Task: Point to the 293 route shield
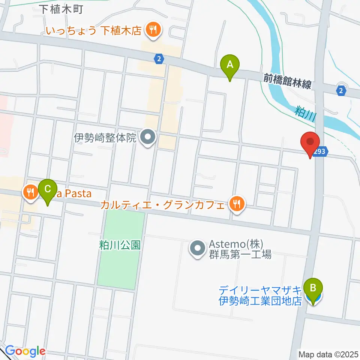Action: pyautogui.click(x=322, y=151)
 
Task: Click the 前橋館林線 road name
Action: pyautogui.click(x=287, y=81)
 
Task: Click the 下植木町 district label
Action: pyautogui.click(x=61, y=9)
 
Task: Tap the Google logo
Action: pyautogui.click(x=25, y=351)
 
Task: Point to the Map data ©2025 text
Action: pyautogui.click(x=328, y=354)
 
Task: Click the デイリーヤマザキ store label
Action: pyautogui.click(x=260, y=290)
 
